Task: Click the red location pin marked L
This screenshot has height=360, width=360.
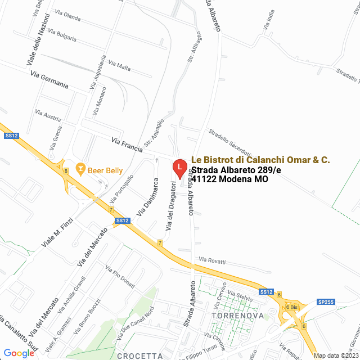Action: click(x=179, y=168)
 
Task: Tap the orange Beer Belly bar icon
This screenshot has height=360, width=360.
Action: click(x=80, y=169)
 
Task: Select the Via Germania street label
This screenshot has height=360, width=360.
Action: click(x=49, y=80)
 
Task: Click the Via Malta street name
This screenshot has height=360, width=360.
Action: click(x=120, y=66)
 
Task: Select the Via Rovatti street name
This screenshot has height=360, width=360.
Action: click(x=212, y=262)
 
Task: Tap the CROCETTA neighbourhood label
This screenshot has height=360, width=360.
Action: click(x=140, y=355)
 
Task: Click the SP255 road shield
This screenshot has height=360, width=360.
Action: click(x=326, y=302)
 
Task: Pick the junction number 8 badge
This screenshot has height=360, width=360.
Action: click(x=66, y=170)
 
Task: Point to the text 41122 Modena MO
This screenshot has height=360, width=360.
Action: click(x=229, y=179)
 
